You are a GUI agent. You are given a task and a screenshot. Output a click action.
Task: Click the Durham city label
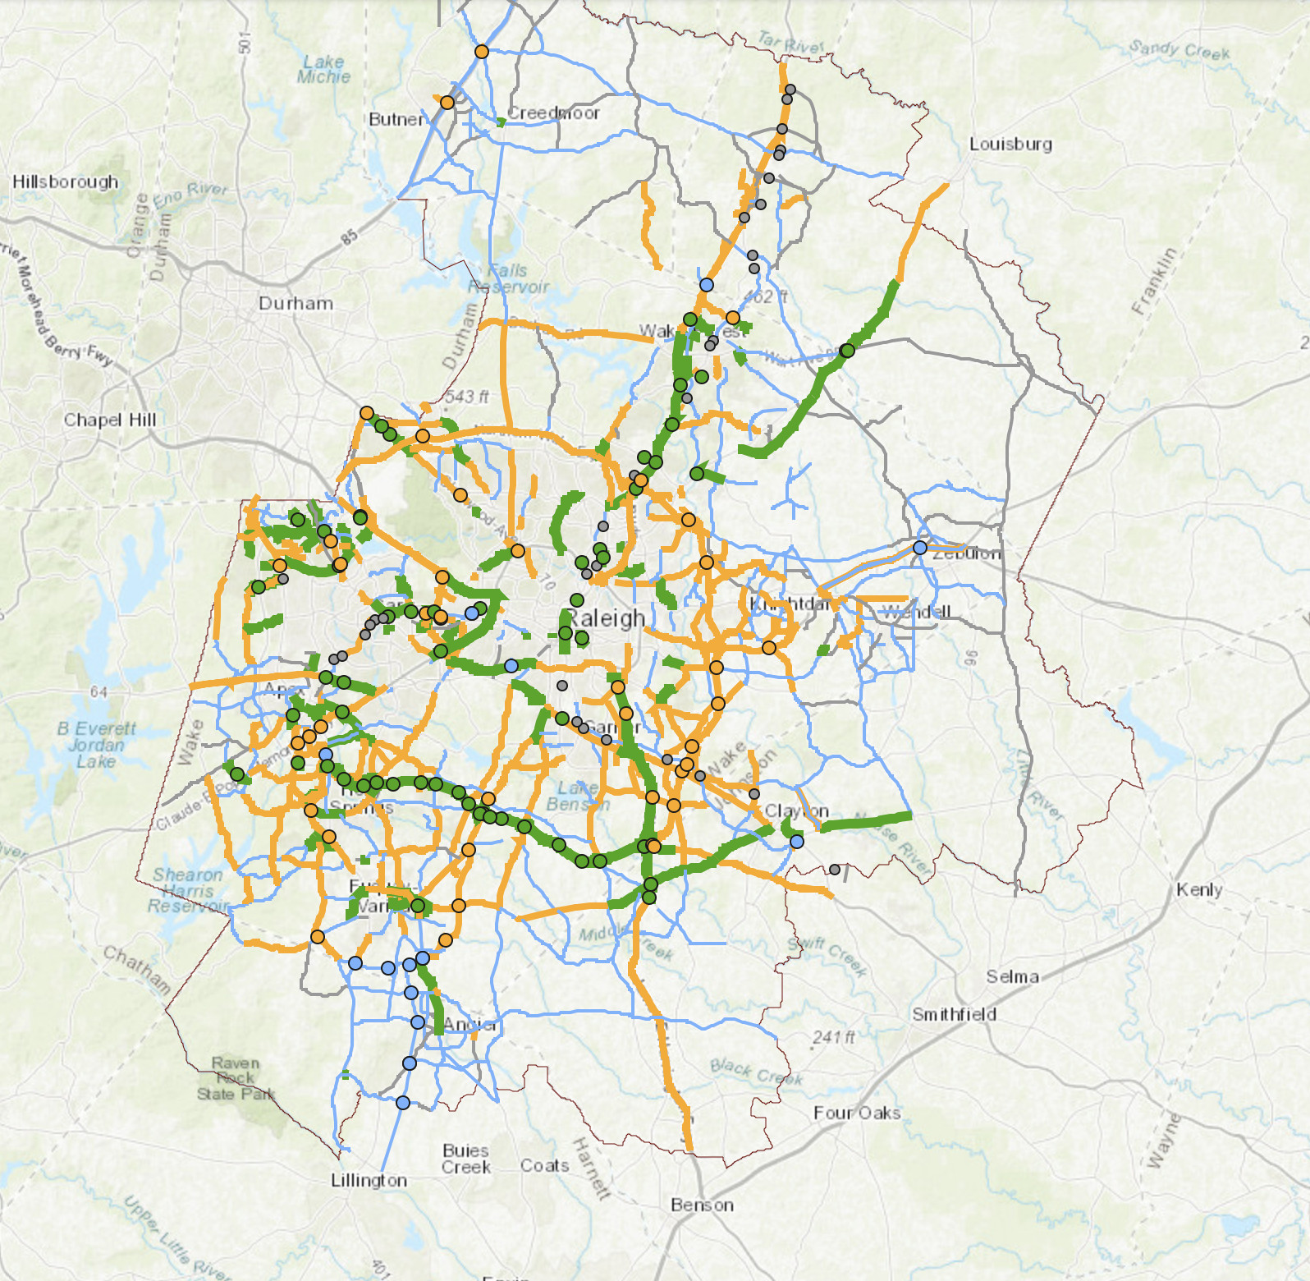(x=295, y=303)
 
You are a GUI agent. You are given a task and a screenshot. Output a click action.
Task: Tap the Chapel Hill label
(x=110, y=420)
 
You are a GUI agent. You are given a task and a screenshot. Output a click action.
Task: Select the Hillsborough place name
(x=66, y=181)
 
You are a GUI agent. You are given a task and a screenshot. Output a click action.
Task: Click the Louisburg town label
(x=1010, y=144)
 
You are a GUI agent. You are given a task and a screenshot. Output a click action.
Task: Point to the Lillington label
(x=369, y=1180)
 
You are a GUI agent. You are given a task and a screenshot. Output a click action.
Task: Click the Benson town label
(x=702, y=1205)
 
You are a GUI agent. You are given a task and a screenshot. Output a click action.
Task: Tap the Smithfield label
(x=954, y=1014)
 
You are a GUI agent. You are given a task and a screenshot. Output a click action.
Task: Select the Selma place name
(x=1012, y=976)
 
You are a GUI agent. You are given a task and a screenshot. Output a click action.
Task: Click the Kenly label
(x=1198, y=889)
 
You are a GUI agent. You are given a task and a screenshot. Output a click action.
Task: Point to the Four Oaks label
(x=857, y=1113)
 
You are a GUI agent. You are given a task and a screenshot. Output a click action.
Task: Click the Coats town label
(x=544, y=1165)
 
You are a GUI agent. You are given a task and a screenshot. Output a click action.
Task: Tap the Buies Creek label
(x=465, y=1159)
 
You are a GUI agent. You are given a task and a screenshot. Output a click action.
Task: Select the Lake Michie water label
(x=323, y=69)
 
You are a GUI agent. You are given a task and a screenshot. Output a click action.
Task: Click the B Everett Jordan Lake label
(x=96, y=745)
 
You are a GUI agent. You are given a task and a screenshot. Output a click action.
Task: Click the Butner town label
(x=398, y=119)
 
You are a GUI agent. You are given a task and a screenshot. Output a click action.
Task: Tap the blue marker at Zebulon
(x=920, y=547)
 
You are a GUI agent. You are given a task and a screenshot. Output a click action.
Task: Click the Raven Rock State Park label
(x=235, y=1078)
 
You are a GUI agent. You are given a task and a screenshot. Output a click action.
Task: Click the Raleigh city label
(x=607, y=618)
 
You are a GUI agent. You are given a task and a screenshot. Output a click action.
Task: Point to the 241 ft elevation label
(x=833, y=1037)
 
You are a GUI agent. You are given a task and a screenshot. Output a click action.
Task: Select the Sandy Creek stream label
(x=1179, y=50)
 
